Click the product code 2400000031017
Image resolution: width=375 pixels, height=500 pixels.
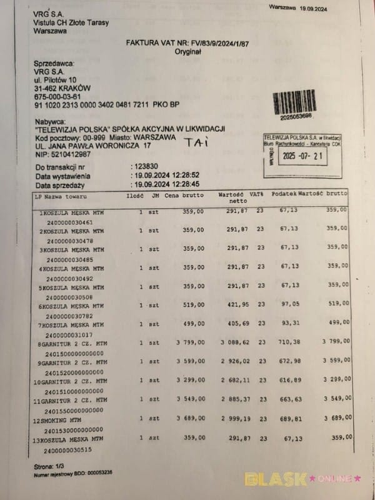67,334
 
